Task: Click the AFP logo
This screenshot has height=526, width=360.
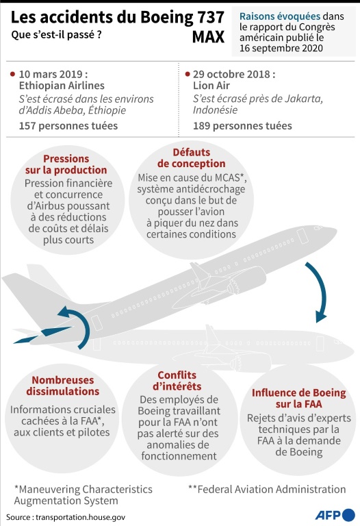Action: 335,514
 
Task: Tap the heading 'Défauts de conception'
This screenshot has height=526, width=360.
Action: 192,158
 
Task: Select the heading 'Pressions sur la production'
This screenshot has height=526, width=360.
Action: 66,164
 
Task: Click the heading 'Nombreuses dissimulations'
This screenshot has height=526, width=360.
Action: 63,386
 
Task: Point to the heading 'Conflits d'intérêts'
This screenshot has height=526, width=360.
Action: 177,381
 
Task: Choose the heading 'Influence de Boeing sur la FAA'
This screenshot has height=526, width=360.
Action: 298,398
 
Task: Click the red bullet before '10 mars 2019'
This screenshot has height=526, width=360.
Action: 13,74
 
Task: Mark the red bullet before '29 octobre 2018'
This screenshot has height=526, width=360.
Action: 188,74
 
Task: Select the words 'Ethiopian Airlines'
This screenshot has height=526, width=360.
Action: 62,86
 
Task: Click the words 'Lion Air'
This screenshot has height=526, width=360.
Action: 211,86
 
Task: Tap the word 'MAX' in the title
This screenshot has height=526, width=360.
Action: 208,37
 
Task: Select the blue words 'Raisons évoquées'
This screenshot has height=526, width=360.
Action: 280,16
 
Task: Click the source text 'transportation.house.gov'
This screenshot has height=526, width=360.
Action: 81,517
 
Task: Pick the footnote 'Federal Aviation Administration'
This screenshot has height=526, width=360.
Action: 272,489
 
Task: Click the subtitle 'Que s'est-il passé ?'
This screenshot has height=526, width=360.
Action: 56,34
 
